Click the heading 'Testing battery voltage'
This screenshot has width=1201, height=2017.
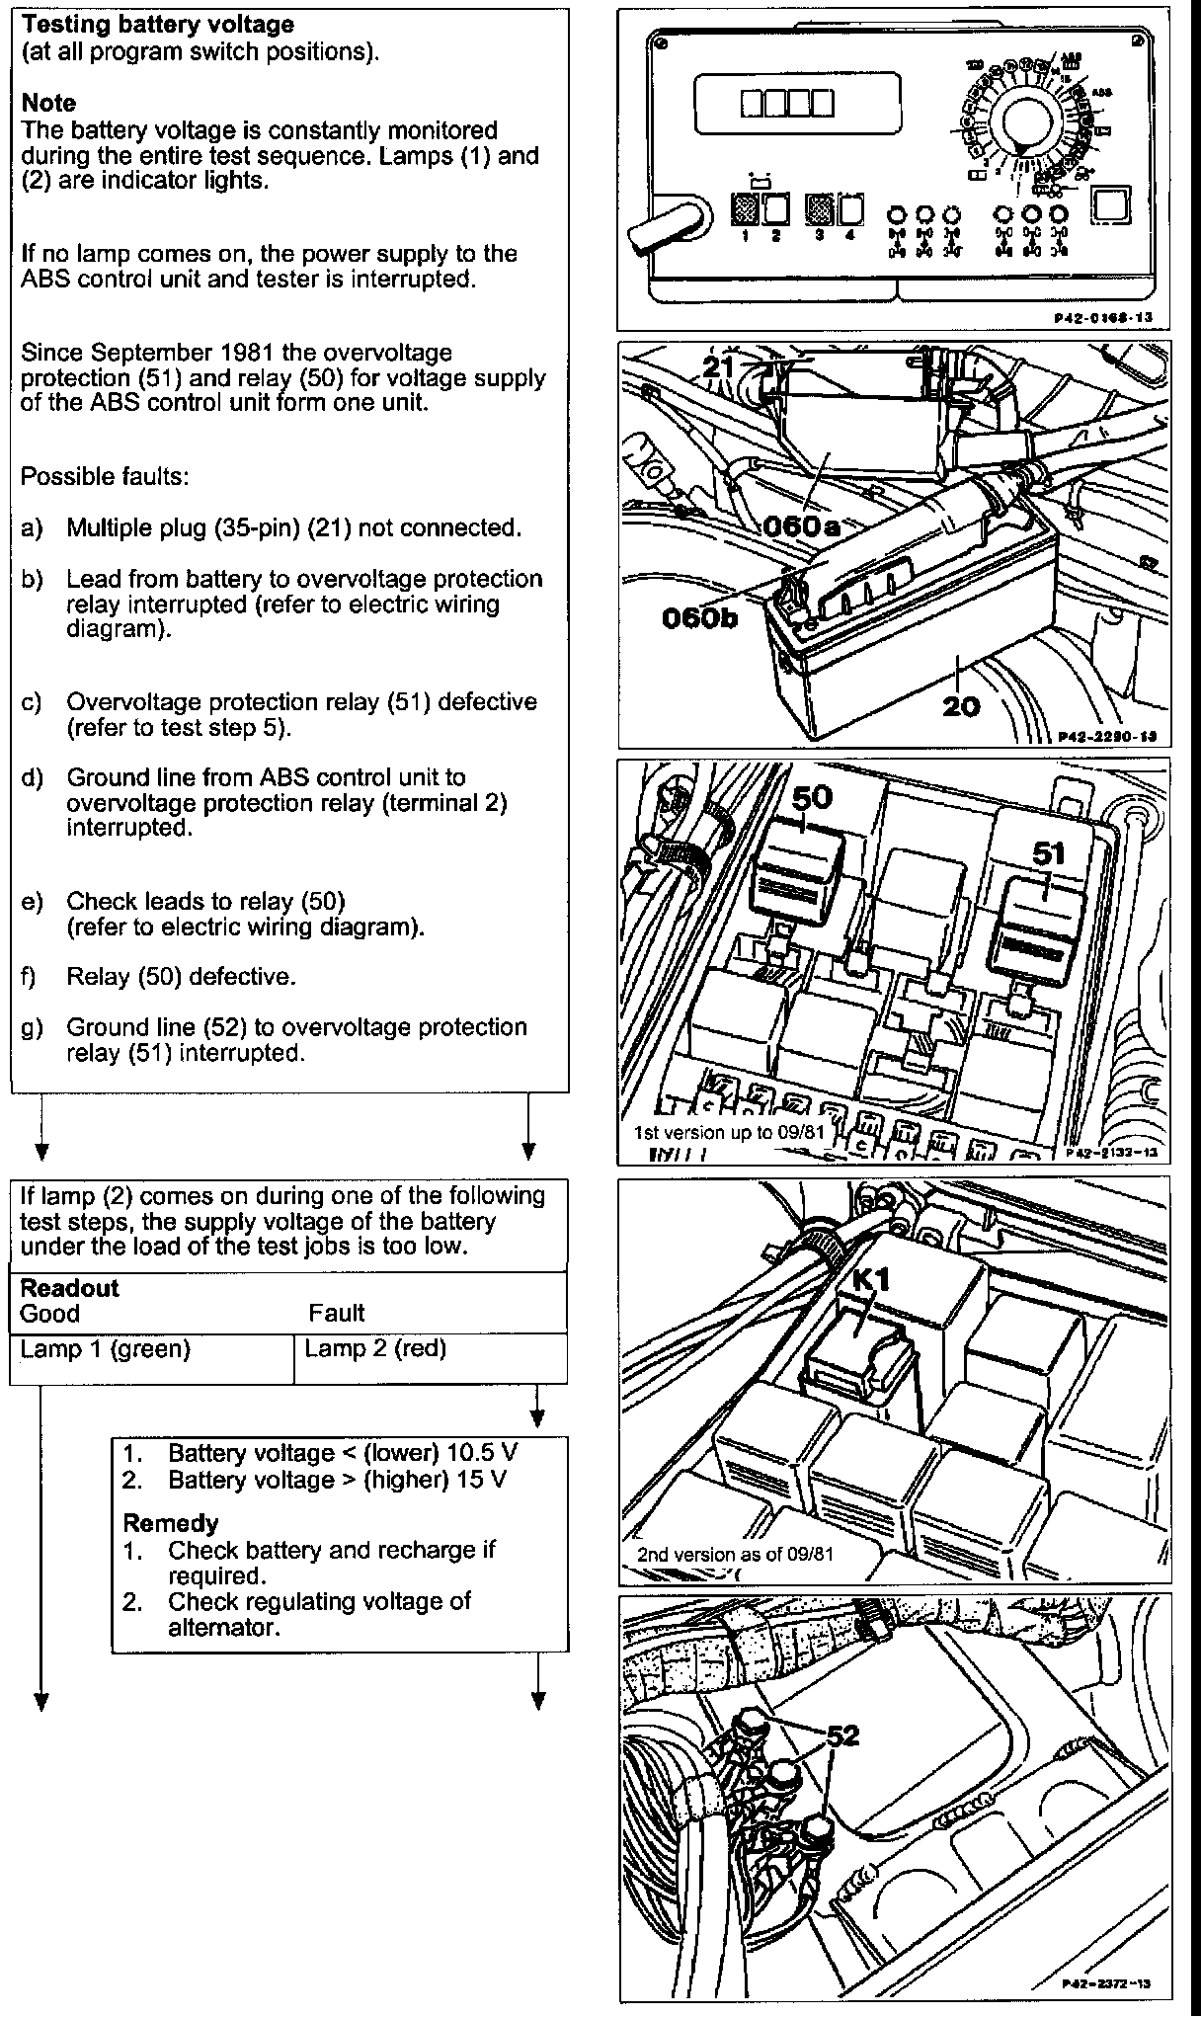(157, 25)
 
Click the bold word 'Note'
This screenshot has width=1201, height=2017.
(48, 104)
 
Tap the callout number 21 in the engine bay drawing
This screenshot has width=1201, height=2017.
(721, 367)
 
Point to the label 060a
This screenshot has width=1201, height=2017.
(801, 525)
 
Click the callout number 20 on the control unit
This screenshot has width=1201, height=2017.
(961, 705)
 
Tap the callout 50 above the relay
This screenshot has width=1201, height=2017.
(811, 797)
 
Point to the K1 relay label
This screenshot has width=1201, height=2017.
(872, 1281)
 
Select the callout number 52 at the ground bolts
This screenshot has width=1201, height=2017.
(841, 1735)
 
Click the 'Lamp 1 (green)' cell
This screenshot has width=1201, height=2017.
(106, 1349)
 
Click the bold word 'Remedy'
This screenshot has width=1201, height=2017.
(171, 1523)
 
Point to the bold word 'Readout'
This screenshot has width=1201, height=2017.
(69, 1288)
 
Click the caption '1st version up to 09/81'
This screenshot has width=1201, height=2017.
(728, 1132)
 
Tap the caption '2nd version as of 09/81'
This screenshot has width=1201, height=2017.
(736, 1554)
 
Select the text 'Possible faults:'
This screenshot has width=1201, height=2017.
(105, 476)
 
